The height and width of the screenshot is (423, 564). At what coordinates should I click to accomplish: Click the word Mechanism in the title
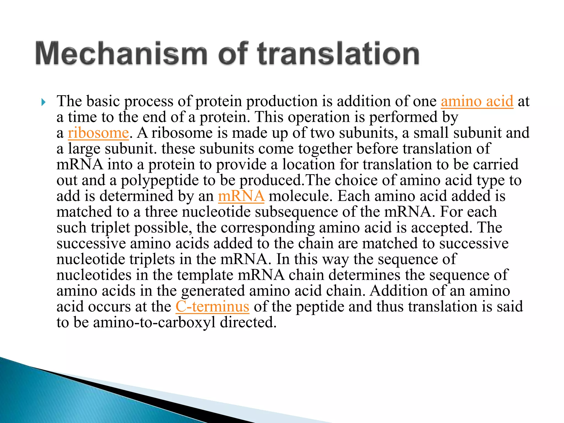click(x=121, y=53)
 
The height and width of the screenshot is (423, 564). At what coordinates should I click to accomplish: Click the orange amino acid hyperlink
click(x=477, y=101)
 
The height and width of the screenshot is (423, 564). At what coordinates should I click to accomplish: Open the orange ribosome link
click(x=98, y=133)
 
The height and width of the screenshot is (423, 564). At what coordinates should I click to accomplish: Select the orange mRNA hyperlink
click(x=241, y=196)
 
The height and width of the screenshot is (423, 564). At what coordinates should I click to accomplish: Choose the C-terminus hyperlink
click(x=212, y=307)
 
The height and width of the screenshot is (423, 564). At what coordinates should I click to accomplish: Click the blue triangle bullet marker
click(x=43, y=102)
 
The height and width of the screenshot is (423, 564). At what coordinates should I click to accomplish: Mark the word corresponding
click(x=268, y=228)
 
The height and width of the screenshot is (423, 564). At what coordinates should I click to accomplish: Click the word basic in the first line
click(x=103, y=101)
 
